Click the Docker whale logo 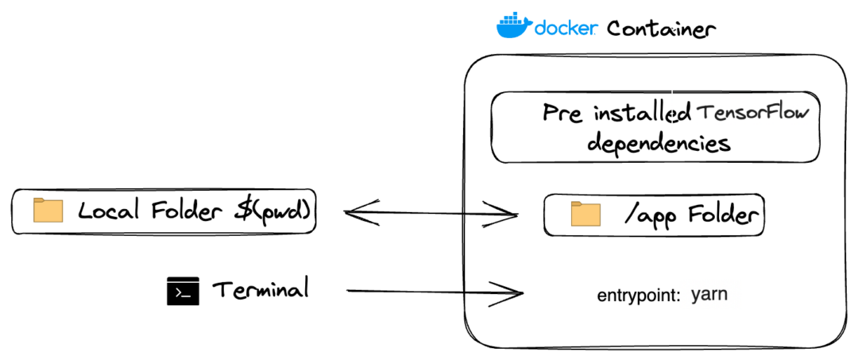tap(514, 26)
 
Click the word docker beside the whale tap(566, 29)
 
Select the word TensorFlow tap(752, 113)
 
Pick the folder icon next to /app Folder tap(586, 215)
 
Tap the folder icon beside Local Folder tap(48, 211)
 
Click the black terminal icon tap(182, 292)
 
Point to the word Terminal tap(260, 290)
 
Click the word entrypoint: tap(639, 296)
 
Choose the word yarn tap(709, 295)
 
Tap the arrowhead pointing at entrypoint tap(512, 293)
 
